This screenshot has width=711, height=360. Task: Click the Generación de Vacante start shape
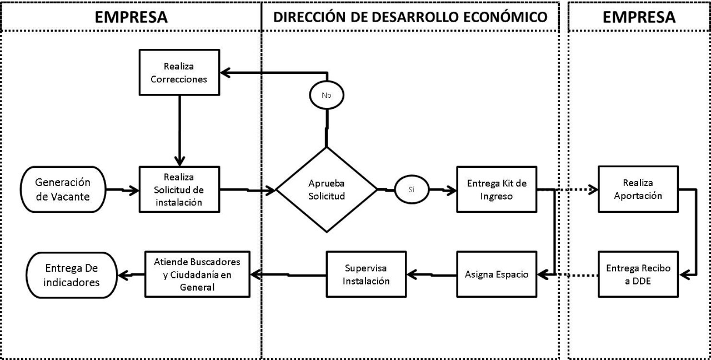[x=63, y=189]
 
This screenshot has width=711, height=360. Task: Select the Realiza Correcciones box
[x=179, y=72]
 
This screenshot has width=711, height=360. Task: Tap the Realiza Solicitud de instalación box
[x=179, y=189]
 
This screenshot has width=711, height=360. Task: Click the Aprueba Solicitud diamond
[x=327, y=189]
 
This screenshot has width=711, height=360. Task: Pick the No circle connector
[x=327, y=95]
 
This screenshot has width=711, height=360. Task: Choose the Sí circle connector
[x=412, y=189]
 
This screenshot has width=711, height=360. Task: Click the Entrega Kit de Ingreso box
[x=497, y=189]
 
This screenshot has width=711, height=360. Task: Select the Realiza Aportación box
[x=638, y=189]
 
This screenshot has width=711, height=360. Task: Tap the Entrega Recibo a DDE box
[x=638, y=274]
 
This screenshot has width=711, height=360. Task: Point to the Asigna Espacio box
[x=497, y=274]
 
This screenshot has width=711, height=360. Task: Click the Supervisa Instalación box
[x=366, y=274]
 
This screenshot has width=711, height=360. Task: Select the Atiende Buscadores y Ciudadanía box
[x=197, y=274]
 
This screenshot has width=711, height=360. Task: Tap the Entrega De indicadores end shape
[x=72, y=275]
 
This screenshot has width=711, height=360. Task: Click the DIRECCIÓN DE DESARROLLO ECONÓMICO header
[x=410, y=17]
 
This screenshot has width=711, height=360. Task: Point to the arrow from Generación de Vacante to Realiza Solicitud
[x=123, y=190]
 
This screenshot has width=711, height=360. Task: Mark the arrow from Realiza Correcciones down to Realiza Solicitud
[x=179, y=131]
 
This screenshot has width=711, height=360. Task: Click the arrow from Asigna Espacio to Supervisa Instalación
[x=432, y=275]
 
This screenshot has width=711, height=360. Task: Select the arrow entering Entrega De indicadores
[x=131, y=275]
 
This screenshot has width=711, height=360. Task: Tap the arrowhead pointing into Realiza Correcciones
[x=225, y=73]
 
